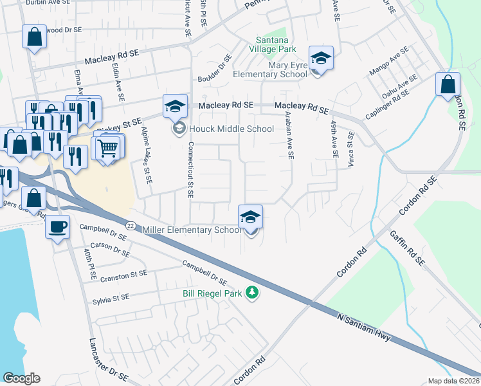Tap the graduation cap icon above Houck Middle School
pyautogui.click(x=175, y=107)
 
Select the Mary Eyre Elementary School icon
pyautogui.click(x=320, y=59)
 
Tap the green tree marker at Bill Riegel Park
pyautogui.click(x=254, y=293)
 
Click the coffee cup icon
pyautogui.click(x=59, y=226)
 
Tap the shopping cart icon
pyautogui.click(x=109, y=149)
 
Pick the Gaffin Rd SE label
pyautogui.click(x=407, y=249)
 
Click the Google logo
pyautogui.click(x=21, y=379)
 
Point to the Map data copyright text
pyautogui.click(x=454, y=381)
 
